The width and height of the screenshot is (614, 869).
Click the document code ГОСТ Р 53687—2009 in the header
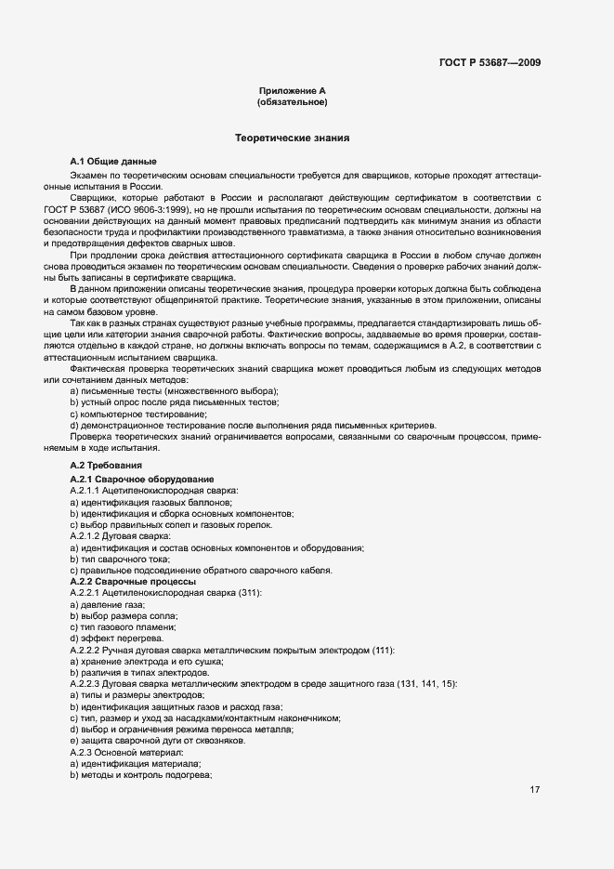(x=490, y=63)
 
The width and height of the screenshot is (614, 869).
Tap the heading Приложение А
(x=292, y=90)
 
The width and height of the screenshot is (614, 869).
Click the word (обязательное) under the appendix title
(x=292, y=102)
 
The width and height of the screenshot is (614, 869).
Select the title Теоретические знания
(x=292, y=138)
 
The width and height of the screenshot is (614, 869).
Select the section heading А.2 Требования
(x=106, y=464)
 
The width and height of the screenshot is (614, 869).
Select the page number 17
(x=535, y=790)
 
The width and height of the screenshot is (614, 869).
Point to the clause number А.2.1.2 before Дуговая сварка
(x=89, y=536)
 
